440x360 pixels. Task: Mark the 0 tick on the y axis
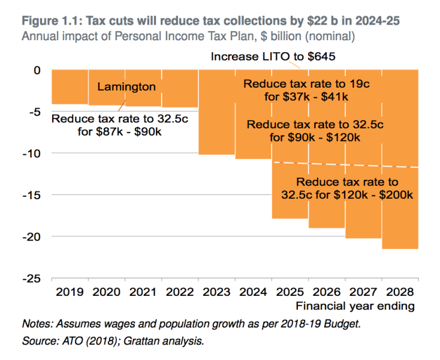point(37,71)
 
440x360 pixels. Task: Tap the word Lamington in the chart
point(126,87)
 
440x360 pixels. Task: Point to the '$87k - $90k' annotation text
point(120,130)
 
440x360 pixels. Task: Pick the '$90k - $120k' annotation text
point(315,137)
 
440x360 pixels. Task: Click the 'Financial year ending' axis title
point(364,307)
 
